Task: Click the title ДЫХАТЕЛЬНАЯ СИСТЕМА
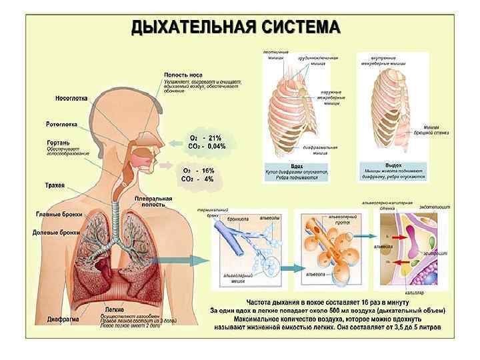[x=235, y=27]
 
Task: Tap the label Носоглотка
[x=71, y=99]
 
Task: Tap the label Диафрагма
[x=64, y=319]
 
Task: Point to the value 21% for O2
[x=215, y=138]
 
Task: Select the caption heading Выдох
[x=393, y=165]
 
